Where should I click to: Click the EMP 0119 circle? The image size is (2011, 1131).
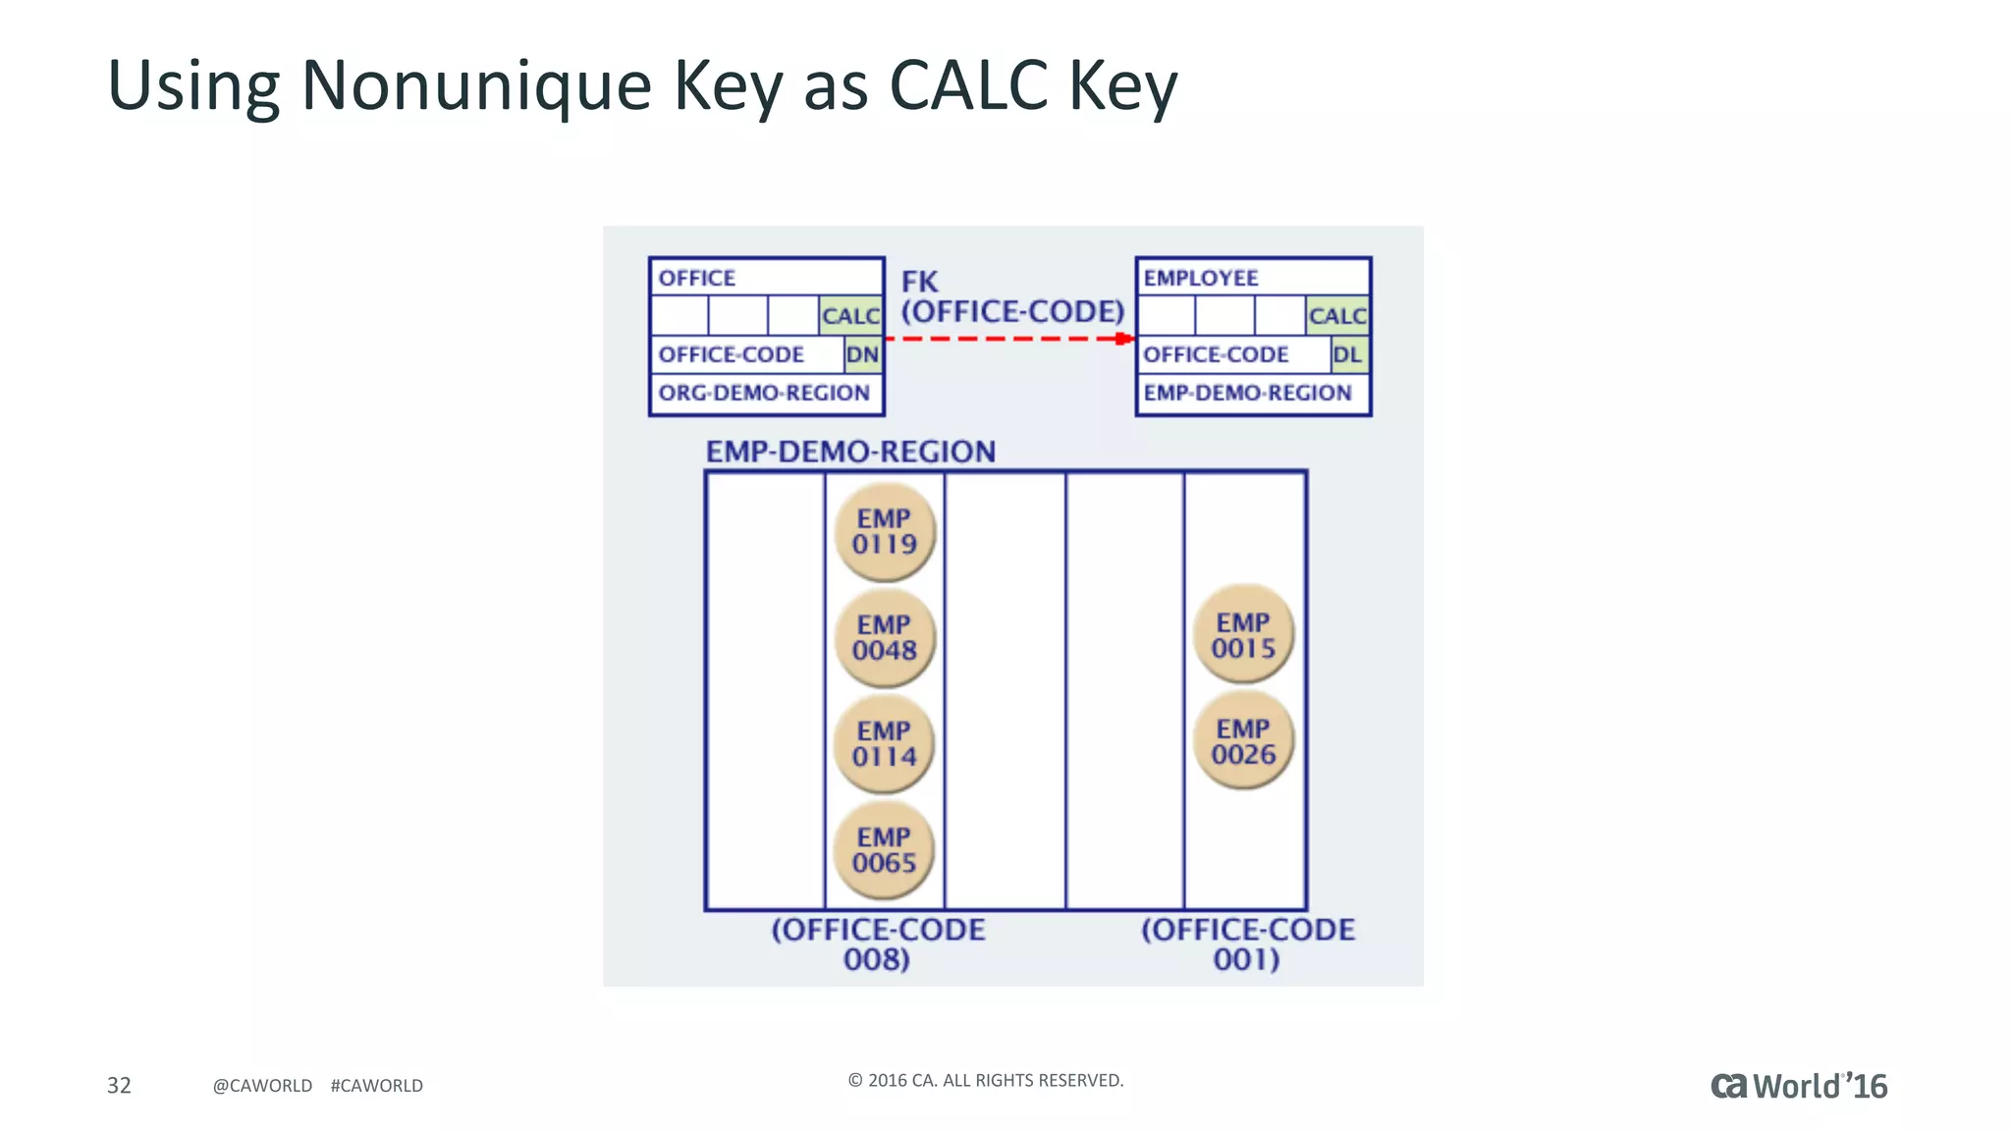(885, 531)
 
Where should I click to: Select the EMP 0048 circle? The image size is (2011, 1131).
(885, 638)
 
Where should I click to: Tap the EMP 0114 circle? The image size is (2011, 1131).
(885, 744)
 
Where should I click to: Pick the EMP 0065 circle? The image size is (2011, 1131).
(885, 850)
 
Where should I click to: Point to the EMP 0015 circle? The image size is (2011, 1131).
(1243, 635)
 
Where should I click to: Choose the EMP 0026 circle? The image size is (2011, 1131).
(1243, 741)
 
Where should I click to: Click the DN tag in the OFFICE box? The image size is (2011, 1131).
(863, 354)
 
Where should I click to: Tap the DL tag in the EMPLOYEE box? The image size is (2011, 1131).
(1348, 354)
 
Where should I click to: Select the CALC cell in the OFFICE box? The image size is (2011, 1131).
(850, 315)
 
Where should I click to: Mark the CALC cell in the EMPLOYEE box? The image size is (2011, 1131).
(1337, 315)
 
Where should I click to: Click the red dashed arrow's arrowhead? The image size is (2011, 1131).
(1125, 339)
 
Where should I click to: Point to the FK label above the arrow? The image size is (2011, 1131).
(920, 282)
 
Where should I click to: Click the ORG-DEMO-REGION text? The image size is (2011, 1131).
(764, 393)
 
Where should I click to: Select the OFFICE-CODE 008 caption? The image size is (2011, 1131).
(878, 944)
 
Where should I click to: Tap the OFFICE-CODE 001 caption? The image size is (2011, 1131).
(1247, 944)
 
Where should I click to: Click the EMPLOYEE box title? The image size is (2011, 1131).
(1200, 278)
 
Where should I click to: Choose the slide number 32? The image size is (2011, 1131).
(119, 1085)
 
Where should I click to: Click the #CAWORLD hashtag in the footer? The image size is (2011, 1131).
(377, 1086)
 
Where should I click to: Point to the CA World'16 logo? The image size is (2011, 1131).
(1799, 1086)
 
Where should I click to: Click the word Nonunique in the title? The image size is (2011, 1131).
(476, 85)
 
